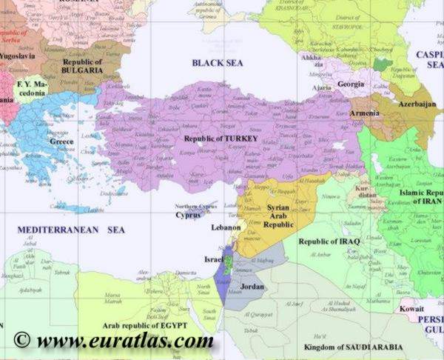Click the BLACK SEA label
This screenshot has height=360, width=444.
[x=218, y=63]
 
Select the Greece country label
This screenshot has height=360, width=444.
[x=61, y=141]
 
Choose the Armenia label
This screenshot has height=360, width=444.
[x=365, y=113]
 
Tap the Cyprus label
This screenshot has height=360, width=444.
[x=188, y=215]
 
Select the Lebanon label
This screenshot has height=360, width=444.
[x=226, y=227]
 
